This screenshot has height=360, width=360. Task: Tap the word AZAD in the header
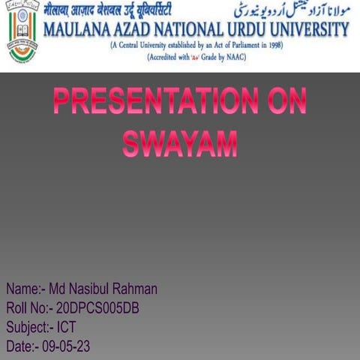(x=136, y=30)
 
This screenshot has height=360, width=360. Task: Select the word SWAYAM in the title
(x=180, y=142)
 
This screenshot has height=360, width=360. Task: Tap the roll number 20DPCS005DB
(x=97, y=308)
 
